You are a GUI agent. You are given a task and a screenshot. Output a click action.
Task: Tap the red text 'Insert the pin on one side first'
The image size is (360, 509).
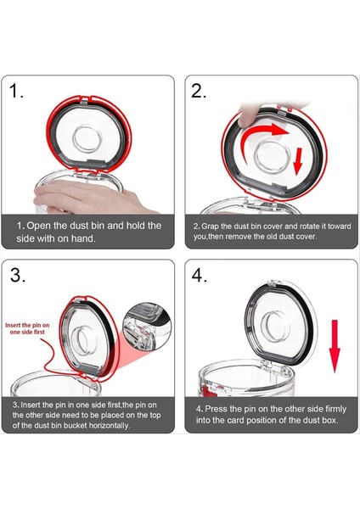coord(32,329)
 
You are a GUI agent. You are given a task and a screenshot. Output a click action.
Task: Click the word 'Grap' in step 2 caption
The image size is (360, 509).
coord(211,227)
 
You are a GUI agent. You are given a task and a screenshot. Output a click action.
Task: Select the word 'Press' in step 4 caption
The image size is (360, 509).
coord(219,408)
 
